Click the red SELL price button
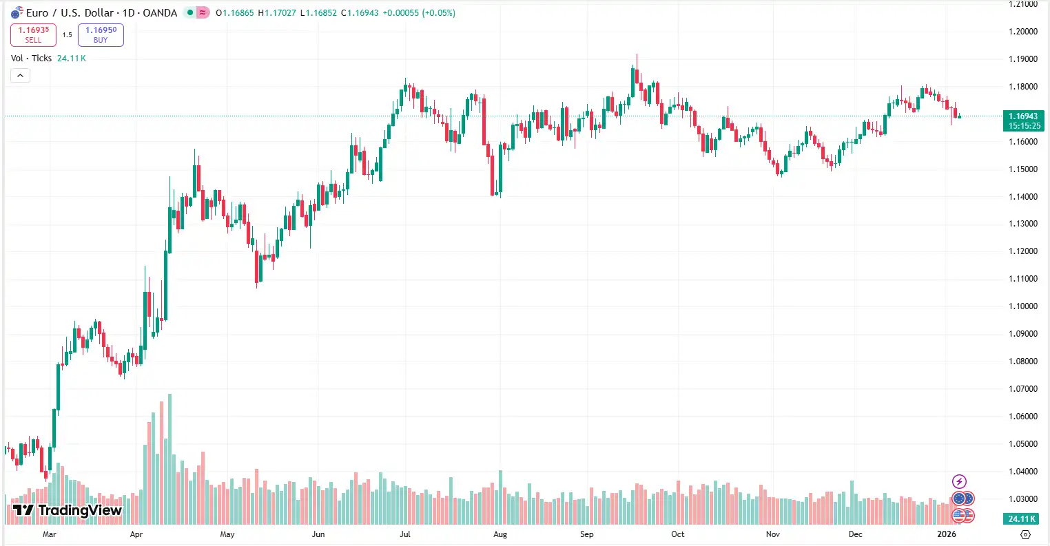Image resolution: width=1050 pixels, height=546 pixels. pyautogui.click(x=33, y=34)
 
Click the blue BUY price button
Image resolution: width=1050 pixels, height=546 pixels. pyautogui.click(x=101, y=34)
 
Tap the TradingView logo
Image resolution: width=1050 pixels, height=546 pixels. pyautogui.click(x=67, y=510)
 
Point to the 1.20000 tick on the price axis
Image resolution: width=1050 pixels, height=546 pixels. pyautogui.click(x=1022, y=32)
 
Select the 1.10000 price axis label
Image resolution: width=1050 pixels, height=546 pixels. pyautogui.click(x=1022, y=306)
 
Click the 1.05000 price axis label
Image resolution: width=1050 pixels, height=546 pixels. pyautogui.click(x=1022, y=444)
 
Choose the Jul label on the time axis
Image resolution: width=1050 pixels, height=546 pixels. pyautogui.click(x=405, y=534)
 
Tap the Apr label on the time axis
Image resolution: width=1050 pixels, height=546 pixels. pyautogui.click(x=136, y=534)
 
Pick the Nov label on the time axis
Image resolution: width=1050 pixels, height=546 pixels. pyautogui.click(x=772, y=534)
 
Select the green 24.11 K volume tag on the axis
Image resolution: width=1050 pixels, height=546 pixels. pyautogui.click(x=1022, y=519)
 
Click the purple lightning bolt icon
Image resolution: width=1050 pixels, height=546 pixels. pyautogui.click(x=959, y=481)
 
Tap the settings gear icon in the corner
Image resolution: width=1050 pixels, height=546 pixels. pyautogui.click(x=1025, y=534)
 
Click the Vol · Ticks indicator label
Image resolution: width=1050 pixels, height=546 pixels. pyautogui.click(x=32, y=59)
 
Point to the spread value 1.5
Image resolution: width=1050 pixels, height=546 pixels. pyautogui.click(x=67, y=35)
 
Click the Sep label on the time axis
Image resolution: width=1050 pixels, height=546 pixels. pyautogui.click(x=586, y=534)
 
